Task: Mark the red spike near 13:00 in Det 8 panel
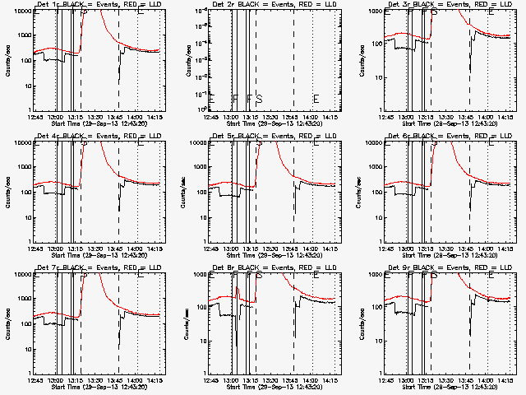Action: coord(238,290)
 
